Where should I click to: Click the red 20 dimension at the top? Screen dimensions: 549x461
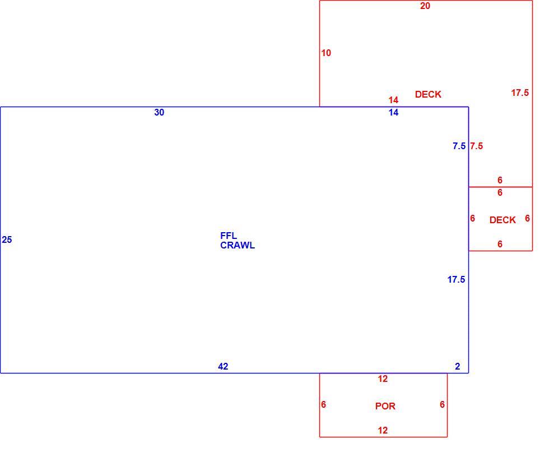tap(425, 6)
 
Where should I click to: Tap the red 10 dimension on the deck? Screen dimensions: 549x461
tap(326, 53)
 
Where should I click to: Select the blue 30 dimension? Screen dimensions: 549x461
tap(159, 113)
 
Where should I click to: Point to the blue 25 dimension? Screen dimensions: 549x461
tap(7, 240)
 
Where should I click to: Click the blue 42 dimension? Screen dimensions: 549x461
tap(223, 367)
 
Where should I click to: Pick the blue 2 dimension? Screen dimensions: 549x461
tap(457, 367)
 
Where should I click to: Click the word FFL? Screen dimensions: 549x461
tap(229, 236)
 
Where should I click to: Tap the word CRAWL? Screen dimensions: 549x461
tap(238, 246)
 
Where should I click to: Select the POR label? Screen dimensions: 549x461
tap(385, 406)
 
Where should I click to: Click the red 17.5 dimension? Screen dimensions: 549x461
tap(520, 93)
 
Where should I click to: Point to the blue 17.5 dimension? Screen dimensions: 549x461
tap(456, 279)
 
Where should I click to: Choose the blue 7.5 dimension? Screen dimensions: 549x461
tap(459, 146)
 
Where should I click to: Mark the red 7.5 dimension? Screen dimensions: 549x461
tap(477, 146)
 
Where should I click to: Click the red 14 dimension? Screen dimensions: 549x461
tap(393, 100)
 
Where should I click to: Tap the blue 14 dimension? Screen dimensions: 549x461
tap(393, 113)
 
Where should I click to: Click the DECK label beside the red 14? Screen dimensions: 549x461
tap(428, 95)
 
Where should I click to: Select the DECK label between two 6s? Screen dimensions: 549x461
tap(503, 220)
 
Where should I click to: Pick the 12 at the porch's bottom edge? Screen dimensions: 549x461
tap(383, 431)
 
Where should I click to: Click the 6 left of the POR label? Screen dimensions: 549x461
tap(324, 405)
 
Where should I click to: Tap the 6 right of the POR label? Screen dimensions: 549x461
tap(442, 405)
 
